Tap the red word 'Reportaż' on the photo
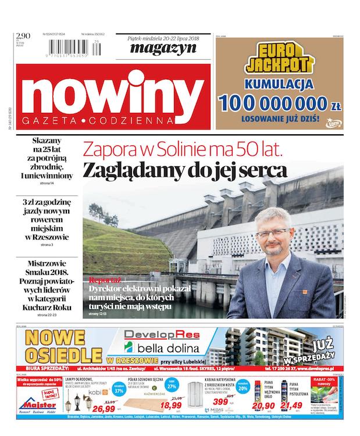click(106, 278)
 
